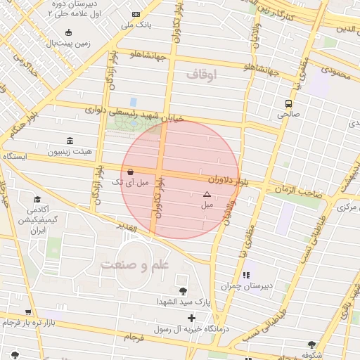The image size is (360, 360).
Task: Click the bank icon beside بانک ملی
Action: [136, 15]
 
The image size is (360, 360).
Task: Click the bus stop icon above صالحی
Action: [288, 103]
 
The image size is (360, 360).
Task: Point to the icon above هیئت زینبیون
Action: [69, 141]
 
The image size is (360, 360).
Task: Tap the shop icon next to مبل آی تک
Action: [130, 172]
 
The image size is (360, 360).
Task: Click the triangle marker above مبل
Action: [207, 194]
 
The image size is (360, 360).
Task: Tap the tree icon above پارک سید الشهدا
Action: [183, 291]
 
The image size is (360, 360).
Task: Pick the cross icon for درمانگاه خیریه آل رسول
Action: [191, 319]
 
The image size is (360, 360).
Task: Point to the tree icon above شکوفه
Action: [311, 345]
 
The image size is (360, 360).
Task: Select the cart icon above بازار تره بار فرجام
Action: [27, 312]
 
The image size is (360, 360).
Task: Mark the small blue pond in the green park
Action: [133, 102]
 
